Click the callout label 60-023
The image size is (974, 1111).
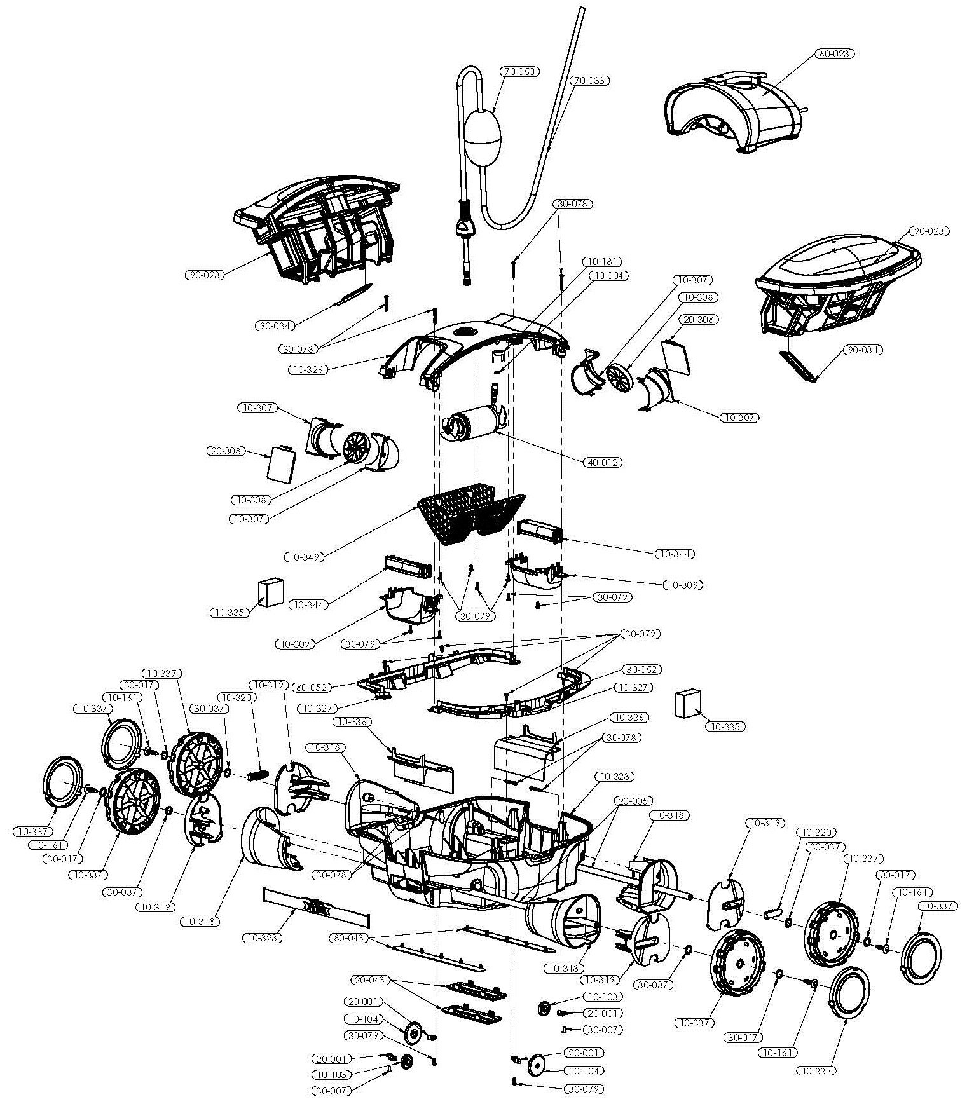pyautogui.click(x=833, y=54)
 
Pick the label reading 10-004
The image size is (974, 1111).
pyautogui.click(x=607, y=276)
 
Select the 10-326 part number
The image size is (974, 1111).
pyautogui.click(x=308, y=369)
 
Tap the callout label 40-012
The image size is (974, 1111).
pyautogui.click(x=602, y=462)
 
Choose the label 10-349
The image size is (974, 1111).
pyautogui.click(x=305, y=557)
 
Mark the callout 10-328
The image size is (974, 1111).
pyautogui.click(x=614, y=777)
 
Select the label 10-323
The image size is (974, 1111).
pyautogui.click(x=262, y=937)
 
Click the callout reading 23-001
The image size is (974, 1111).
pyautogui.click(x=364, y=1001)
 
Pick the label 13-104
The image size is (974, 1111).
pyautogui.click(x=364, y=1019)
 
